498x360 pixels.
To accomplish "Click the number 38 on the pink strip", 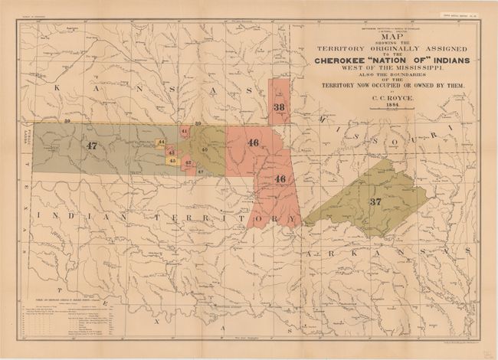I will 279,108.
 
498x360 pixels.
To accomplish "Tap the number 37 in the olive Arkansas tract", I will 375,201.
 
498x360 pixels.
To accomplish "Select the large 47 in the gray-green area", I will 92,145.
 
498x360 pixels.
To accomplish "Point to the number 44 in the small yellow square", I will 161,143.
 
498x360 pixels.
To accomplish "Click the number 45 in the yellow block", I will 172,161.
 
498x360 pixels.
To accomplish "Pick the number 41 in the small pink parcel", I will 185,132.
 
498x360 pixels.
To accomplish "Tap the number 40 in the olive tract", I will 204,149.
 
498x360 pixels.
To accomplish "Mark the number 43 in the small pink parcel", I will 171,152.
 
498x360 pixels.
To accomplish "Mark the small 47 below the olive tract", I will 200,172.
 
